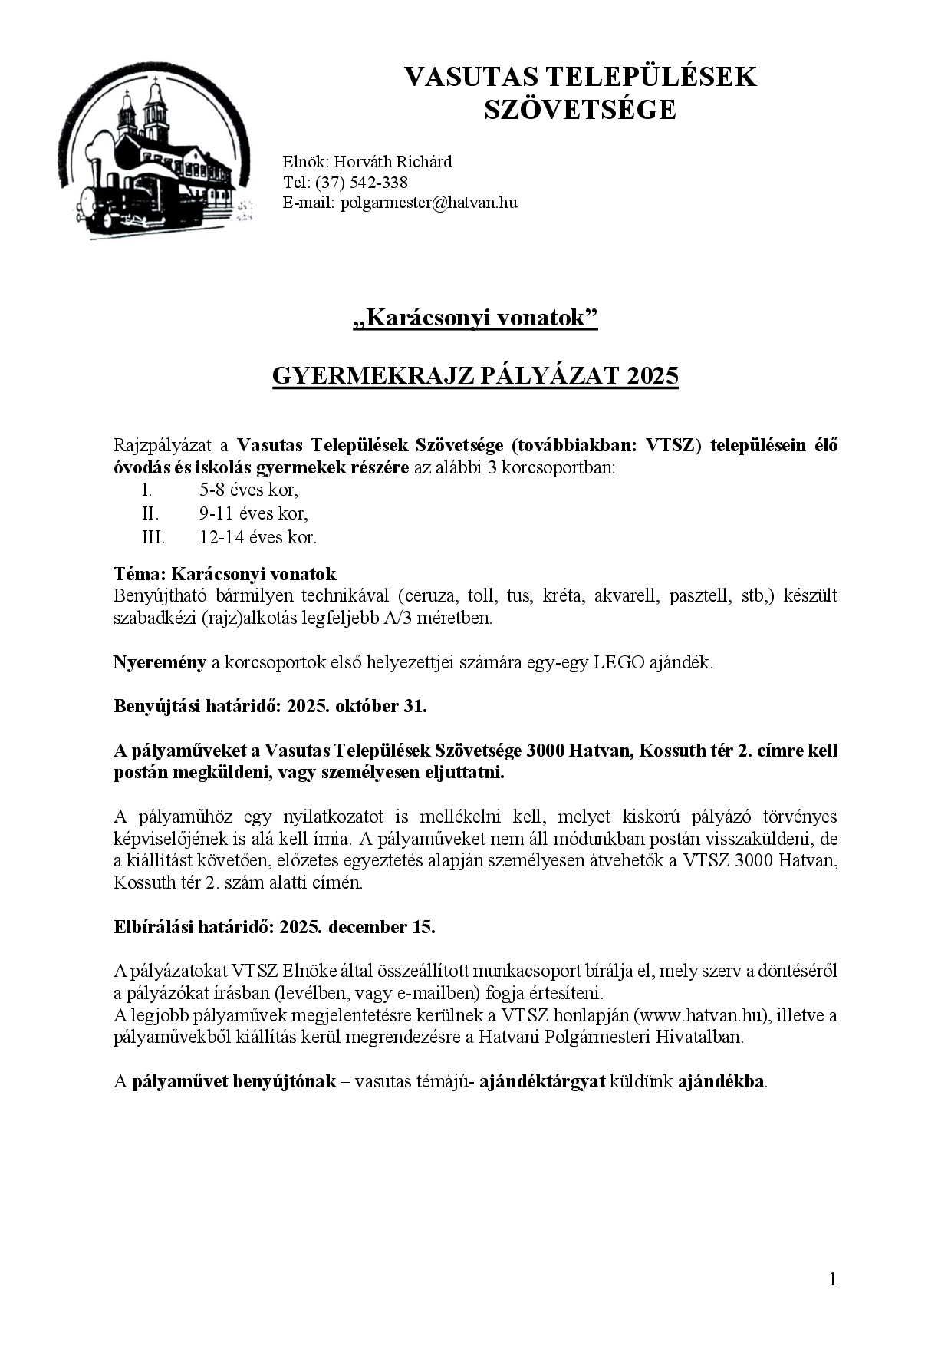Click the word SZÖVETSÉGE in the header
pyautogui.click(x=580, y=111)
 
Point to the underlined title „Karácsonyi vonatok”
pyautogui.click(x=475, y=318)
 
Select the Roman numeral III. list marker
pyautogui.click(x=153, y=537)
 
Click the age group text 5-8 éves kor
pyautogui.click(x=248, y=490)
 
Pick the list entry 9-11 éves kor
pyautogui.click(x=253, y=513)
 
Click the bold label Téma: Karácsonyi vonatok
pyautogui.click(x=225, y=574)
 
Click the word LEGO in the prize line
pyautogui.click(x=618, y=663)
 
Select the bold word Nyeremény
pyautogui.click(x=160, y=663)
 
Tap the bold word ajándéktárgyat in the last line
pyautogui.click(x=541, y=1082)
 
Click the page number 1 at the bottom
pyautogui.click(x=832, y=1279)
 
